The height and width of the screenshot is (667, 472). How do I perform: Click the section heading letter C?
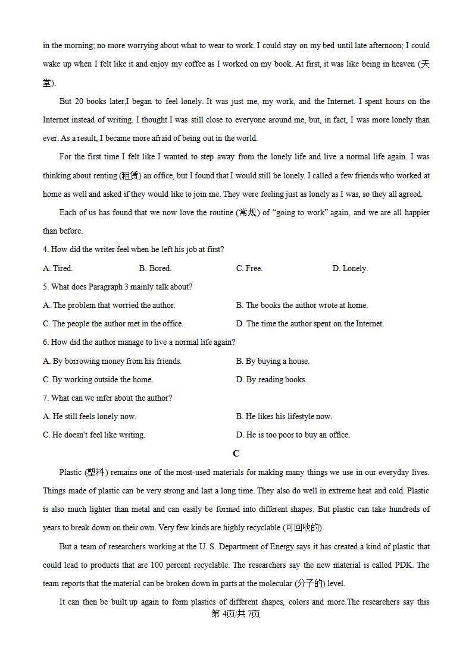pyautogui.click(x=236, y=454)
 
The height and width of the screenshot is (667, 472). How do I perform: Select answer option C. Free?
pyautogui.click(x=249, y=268)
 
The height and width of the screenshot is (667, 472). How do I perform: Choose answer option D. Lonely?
pyautogui.click(x=350, y=268)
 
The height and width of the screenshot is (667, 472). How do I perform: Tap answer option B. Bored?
pyautogui.click(x=155, y=268)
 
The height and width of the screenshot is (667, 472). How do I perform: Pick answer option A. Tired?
pyautogui.click(x=58, y=268)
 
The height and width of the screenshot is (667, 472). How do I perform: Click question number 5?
pyautogui.click(x=46, y=287)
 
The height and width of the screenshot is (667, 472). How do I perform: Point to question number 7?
pyautogui.click(x=46, y=398)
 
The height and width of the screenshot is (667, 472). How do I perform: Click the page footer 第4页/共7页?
pyautogui.click(x=236, y=613)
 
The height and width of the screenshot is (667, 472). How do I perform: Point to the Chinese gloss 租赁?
pyautogui.click(x=129, y=175)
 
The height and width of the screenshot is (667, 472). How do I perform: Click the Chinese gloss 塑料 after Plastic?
pyautogui.click(x=95, y=472)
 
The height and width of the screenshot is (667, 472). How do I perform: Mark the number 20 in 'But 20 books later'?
pyautogui.click(x=81, y=101)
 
